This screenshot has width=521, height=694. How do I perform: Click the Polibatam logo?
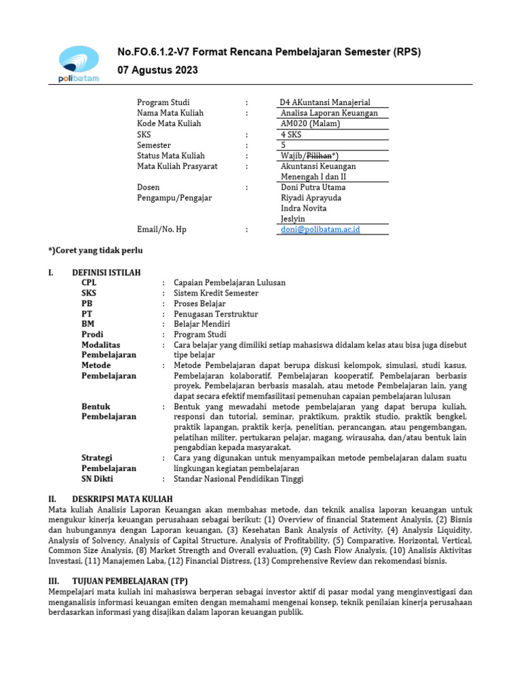coord(79,63)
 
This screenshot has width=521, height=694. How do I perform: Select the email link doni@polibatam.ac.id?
coord(320,230)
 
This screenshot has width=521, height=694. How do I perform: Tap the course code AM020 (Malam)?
coord(310,124)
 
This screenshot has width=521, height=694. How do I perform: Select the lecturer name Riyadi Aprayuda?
coord(311,198)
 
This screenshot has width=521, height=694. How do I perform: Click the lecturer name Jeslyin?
coord(293,219)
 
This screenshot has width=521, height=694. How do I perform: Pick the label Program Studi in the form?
coord(163,102)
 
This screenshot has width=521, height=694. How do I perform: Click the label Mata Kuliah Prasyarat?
coord(177,166)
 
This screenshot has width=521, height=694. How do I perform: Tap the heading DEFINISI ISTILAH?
coord(107,272)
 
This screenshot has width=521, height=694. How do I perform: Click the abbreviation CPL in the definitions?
coord(89,283)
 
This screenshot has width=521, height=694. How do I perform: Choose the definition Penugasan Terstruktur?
coord(216,314)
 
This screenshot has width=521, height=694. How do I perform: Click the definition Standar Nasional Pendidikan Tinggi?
coord(239,478)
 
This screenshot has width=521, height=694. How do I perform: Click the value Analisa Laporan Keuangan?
coord(329,113)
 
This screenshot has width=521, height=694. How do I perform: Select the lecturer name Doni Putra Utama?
coord(313,187)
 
